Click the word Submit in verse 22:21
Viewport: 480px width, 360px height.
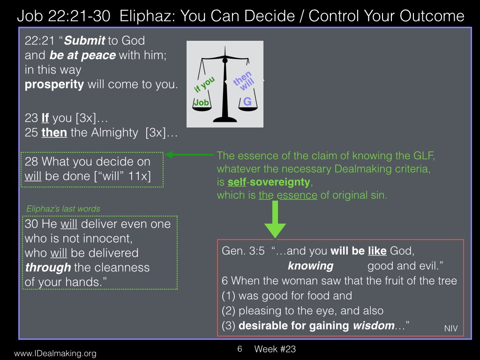pyautogui.click(x=85, y=40)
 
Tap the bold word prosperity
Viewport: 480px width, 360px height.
pyautogui.click(x=54, y=84)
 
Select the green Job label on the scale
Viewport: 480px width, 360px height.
pyautogui.click(x=202, y=103)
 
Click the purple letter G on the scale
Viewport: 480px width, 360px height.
pyautogui.click(x=247, y=102)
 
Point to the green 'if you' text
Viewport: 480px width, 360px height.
pyautogui.click(x=204, y=84)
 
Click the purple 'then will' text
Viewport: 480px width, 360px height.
pyautogui.click(x=244, y=81)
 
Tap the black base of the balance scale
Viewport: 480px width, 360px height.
pyautogui.click(x=225, y=119)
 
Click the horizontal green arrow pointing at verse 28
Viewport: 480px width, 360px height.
pyautogui.click(x=189, y=155)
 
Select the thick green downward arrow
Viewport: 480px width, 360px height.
pyautogui.click(x=275, y=219)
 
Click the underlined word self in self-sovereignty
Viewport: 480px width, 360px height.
pyautogui.click(x=237, y=182)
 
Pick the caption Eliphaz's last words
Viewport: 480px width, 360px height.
pyautogui.click(x=63, y=209)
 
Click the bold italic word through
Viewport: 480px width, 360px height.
pyautogui.click(x=48, y=268)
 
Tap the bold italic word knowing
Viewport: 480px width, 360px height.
pyautogui.click(x=311, y=266)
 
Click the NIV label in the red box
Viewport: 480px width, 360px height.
pyautogui.click(x=451, y=329)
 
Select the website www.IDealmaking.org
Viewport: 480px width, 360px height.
pyautogui.click(x=55, y=353)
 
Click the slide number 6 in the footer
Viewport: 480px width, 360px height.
pyautogui.click(x=240, y=349)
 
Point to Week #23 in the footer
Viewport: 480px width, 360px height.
pyautogui.click(x=275, y=349)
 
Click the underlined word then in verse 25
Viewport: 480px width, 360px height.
pyautogui.click(x=54, y=133)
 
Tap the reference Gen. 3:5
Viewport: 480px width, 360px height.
pyautogui.click(x=243, y=251)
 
